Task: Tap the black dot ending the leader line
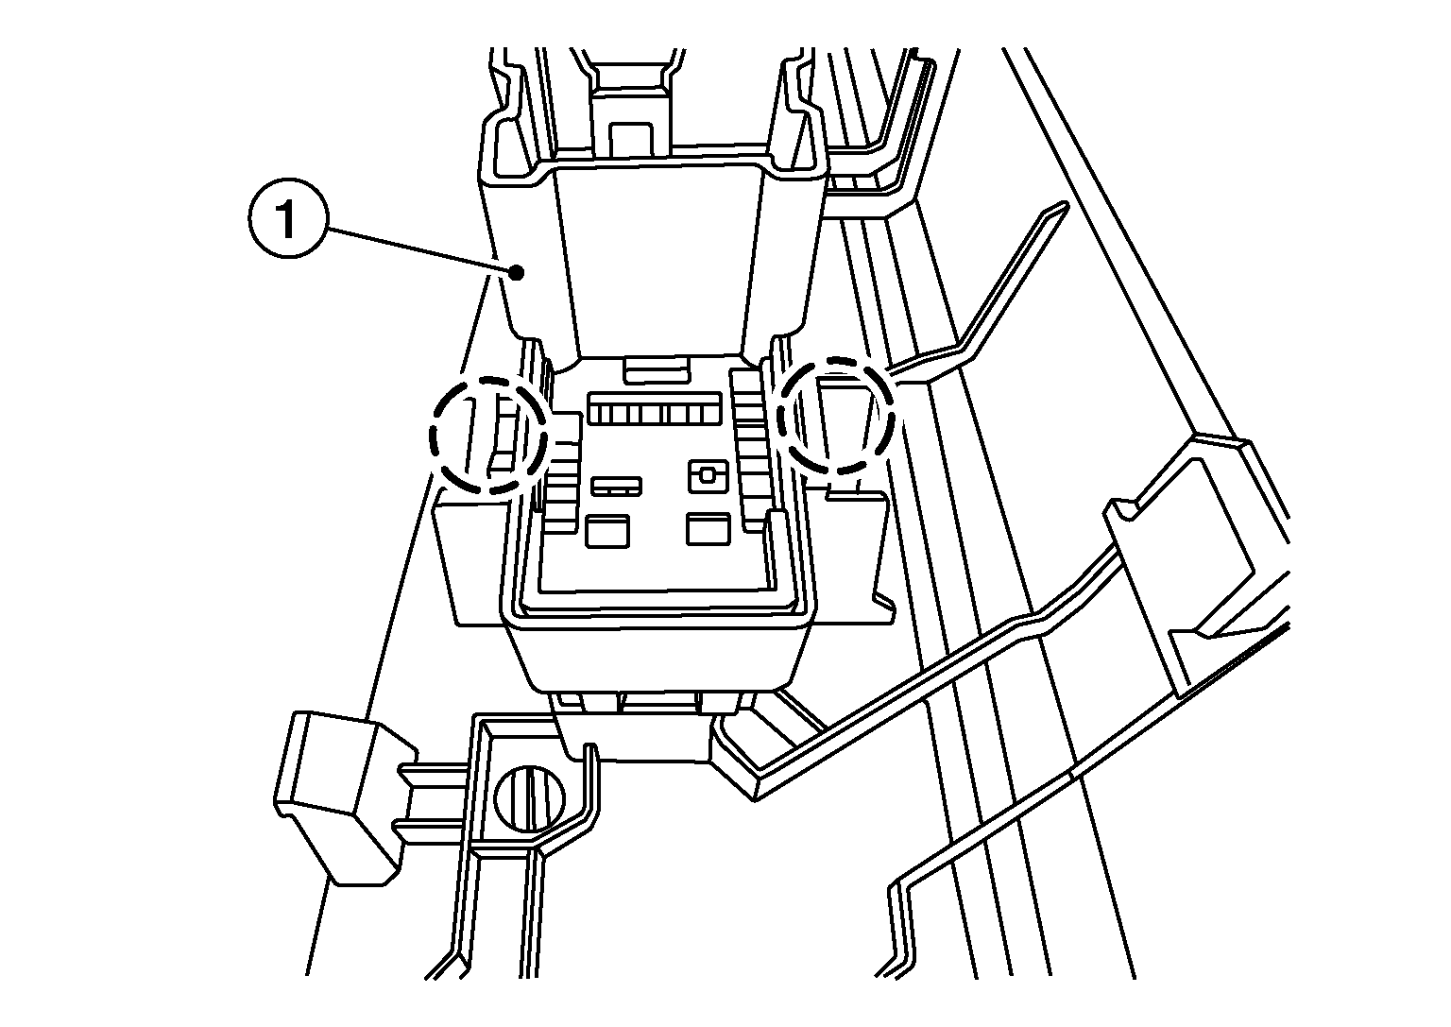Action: tap(516, 273)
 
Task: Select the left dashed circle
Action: tap(487, 436)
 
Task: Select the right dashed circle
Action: tap(836, 415)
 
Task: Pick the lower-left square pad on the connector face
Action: tap(607, 531)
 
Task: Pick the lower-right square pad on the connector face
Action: tap(708, 529)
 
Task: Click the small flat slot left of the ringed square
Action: tap(616, 486)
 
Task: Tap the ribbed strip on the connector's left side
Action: tap(561, 473)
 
